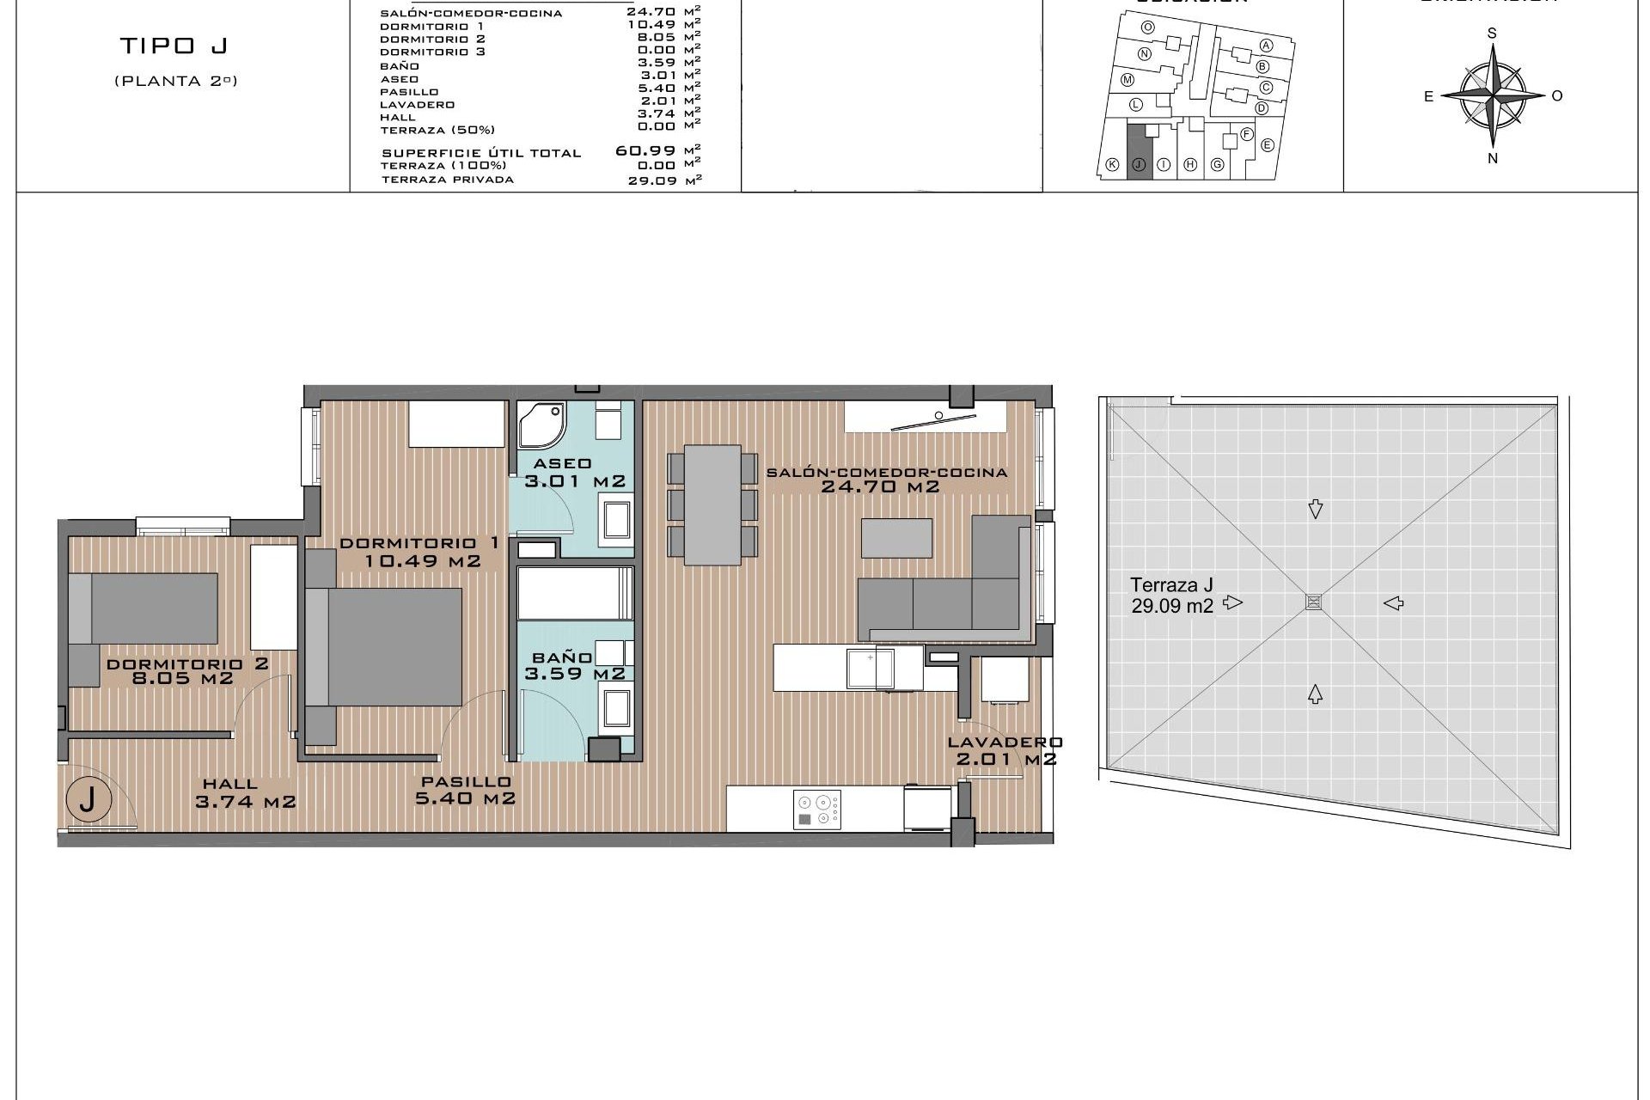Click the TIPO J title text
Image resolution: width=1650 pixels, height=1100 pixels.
174,46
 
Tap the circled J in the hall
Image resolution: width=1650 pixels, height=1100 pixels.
88,800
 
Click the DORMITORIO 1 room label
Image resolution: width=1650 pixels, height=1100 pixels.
419,543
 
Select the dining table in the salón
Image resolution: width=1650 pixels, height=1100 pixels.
712,504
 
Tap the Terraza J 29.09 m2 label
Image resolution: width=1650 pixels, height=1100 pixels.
1172,595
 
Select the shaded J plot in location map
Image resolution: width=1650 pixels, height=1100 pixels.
1139,151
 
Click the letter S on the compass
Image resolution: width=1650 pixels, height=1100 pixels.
1492,34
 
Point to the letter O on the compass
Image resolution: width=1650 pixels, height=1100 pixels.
1556,96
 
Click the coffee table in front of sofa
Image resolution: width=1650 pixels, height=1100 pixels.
896,537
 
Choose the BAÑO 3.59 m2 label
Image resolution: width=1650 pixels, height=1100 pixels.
574,666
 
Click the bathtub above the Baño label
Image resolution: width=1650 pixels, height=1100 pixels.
575,593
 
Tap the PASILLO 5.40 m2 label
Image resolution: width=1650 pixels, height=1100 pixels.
466,790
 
